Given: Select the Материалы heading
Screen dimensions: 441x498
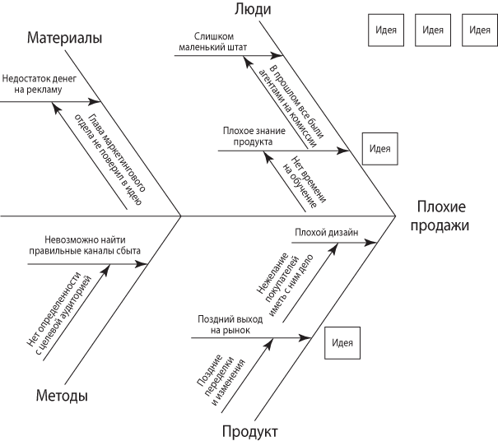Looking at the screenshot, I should (64, 39).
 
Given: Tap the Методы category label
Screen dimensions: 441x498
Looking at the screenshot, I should (62, 396).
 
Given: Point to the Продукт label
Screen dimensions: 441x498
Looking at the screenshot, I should (249, 431).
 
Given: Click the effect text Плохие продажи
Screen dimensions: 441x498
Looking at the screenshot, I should (441, 216).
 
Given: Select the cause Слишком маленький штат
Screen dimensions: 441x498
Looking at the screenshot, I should (214, 42).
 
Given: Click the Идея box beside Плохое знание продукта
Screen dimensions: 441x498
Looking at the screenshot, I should (379, 149).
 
